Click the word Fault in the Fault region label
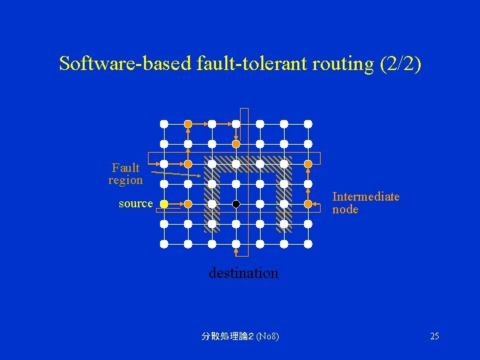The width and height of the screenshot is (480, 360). [125, 168]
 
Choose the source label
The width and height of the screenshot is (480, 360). [135, 203]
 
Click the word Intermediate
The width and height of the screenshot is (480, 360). [365, 197]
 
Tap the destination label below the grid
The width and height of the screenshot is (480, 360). [243, 273]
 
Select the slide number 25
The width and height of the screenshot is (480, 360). [434, 336]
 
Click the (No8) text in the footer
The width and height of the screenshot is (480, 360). [268, 336]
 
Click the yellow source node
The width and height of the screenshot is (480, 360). [164, 204]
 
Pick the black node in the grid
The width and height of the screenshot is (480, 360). [236, 204]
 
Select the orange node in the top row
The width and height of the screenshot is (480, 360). [188, 124]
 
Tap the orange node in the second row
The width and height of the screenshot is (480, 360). [236, 144]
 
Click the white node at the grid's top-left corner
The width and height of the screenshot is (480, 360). [164, 124]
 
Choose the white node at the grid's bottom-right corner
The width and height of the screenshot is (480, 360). [308, 244]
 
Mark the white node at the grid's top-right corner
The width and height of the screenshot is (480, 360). [308, 124]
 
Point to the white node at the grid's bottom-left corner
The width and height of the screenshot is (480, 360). [164, 244]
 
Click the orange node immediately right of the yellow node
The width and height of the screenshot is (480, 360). [188, 204]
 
